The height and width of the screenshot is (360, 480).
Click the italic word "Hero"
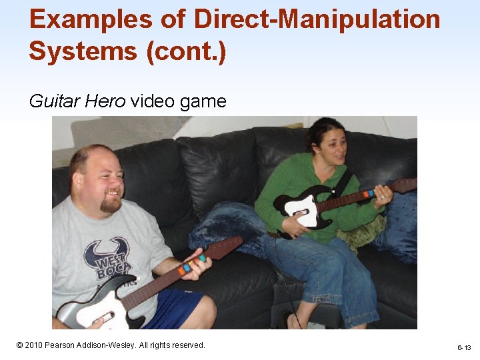[x=108, y=101]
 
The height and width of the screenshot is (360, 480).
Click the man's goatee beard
[x=110, y=204]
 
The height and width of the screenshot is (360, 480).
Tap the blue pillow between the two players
[x=230, y=227]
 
